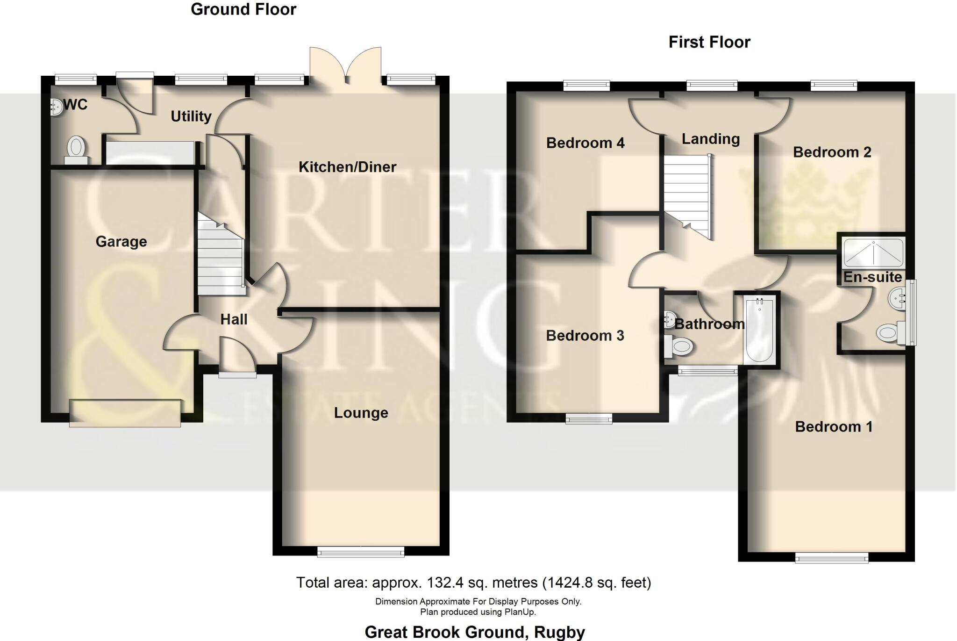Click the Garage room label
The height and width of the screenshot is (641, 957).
click(x=121, y=241)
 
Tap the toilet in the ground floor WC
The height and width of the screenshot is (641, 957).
click(x=76, y=148)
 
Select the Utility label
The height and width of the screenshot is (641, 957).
click(x=191, y=116)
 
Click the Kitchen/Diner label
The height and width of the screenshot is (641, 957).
click(x=347, y=167)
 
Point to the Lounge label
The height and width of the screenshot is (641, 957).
click(x=361, y=412)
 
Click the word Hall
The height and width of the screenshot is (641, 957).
click(x=234, y=319)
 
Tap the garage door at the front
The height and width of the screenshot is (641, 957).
click(x=125, y=413)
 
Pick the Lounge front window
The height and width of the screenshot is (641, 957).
click(x=361, y=553)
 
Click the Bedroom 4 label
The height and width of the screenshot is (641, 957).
click(x=585, y=143)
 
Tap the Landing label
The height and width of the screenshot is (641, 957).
click(x=710, y=139)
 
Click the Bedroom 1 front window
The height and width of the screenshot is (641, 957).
click(x=832, y=558)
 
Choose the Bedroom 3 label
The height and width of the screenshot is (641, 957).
click(x=585, y=335)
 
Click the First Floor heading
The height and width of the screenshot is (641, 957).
click(x=709, y=42)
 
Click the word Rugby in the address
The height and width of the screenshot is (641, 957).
click(x=559, y=632)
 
